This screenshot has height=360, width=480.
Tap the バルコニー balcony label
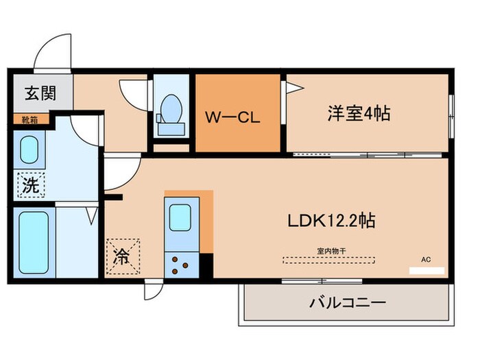349,302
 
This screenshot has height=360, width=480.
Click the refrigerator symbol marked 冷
123,256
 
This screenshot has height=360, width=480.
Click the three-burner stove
182,265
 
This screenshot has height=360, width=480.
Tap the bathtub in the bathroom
32,241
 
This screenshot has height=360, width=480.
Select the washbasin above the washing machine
29,149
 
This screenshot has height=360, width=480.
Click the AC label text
426,260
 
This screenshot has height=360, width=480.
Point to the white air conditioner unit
426,271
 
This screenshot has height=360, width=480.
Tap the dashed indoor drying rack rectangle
331,260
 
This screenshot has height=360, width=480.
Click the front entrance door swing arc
51,48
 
